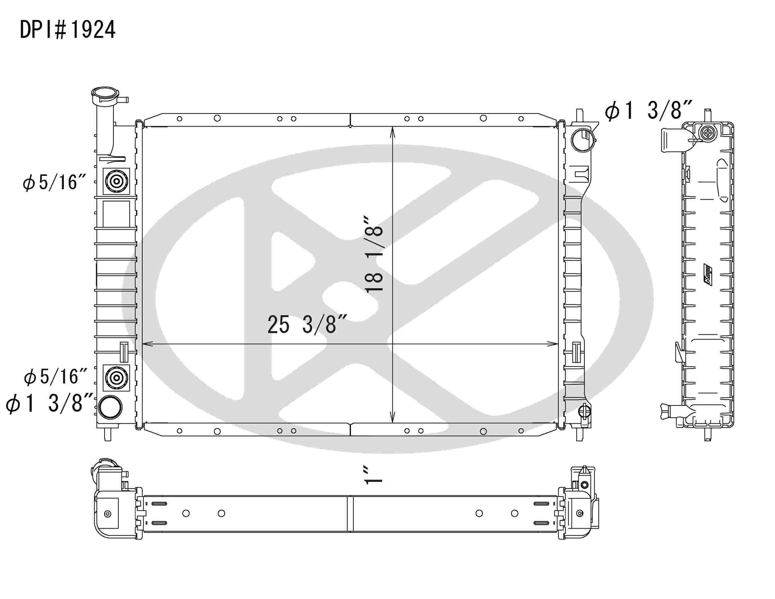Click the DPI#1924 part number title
[67, 30]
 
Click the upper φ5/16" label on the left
[54, 183]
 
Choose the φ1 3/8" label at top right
[648, 111]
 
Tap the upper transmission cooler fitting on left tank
[116, 181]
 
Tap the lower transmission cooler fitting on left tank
[116, 378]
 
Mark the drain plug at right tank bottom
[584, 412]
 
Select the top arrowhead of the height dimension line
[392, 132]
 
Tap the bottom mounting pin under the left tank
[108, 435]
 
